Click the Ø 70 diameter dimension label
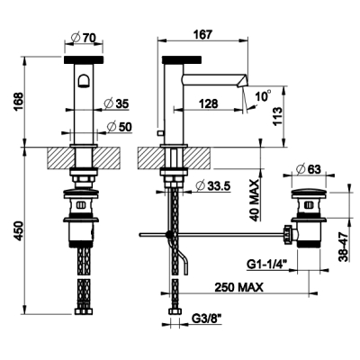(x=84, y=38)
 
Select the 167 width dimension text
(x=202, y=34)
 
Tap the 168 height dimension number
(x=18, y=102)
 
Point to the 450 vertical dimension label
(x=18, y=231)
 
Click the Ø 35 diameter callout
(x=116, y=103)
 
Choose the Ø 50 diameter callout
(x=119, y=127)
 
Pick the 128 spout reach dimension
(x=208, y=103)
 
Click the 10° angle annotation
(x=263, y=96)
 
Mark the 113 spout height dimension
(x=278, y=117)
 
